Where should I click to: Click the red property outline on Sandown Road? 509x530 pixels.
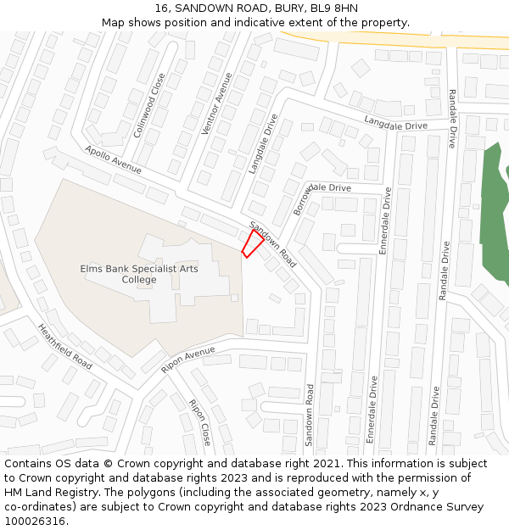(253, 243)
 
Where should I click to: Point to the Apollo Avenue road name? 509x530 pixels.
(113, 160)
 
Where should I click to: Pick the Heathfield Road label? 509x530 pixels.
(64, 345)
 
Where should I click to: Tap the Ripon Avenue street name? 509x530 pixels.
(188, 360)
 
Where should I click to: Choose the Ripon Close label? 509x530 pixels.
(200, 422)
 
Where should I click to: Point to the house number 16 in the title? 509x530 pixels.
(163, 8)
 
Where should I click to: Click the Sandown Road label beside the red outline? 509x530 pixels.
(273, 245)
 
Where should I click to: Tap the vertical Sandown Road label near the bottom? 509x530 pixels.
(310, 415)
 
